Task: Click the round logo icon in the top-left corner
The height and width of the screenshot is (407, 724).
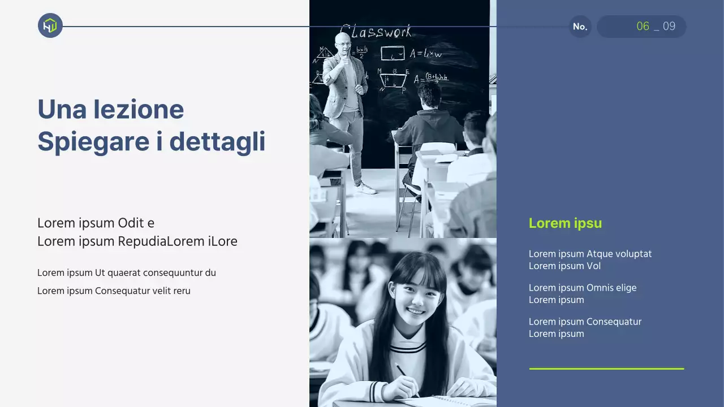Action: click(x=50, y=25)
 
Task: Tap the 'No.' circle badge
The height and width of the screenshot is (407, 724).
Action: click(x=580, y=27)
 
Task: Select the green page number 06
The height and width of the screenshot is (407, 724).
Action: click(x=643, y=27)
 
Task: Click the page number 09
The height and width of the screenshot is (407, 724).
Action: click(x=669, y=27)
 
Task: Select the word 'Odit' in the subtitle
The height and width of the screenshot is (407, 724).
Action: click(x=131, y=223)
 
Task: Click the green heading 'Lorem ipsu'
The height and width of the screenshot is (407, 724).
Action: click(x=565, y=223)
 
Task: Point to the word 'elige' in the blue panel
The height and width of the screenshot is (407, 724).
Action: click(x=626, y=288)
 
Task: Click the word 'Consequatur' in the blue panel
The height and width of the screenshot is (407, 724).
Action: click(x=614, y=322)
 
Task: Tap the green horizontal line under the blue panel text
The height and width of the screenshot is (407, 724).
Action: click(x=606, y=369)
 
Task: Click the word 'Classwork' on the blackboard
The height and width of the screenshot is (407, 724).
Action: click(x=376, y=31)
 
